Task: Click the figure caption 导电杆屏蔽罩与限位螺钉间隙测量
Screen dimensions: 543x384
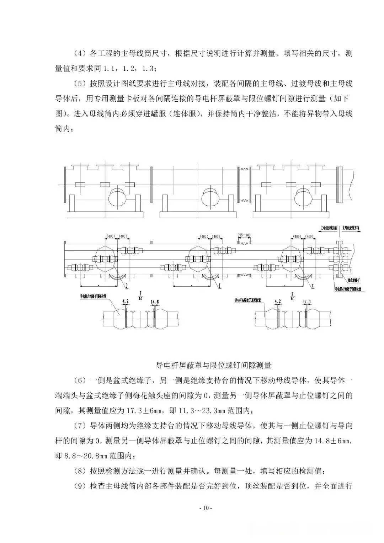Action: click(x=214, y=365)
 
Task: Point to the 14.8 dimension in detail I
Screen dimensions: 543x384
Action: click(x=155, y=302)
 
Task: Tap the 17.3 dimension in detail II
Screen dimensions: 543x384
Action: click(x=307, y=302)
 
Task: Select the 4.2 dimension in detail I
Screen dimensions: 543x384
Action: click(x=125, y=302)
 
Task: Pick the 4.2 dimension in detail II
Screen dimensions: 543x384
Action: click(x=278, y=302)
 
